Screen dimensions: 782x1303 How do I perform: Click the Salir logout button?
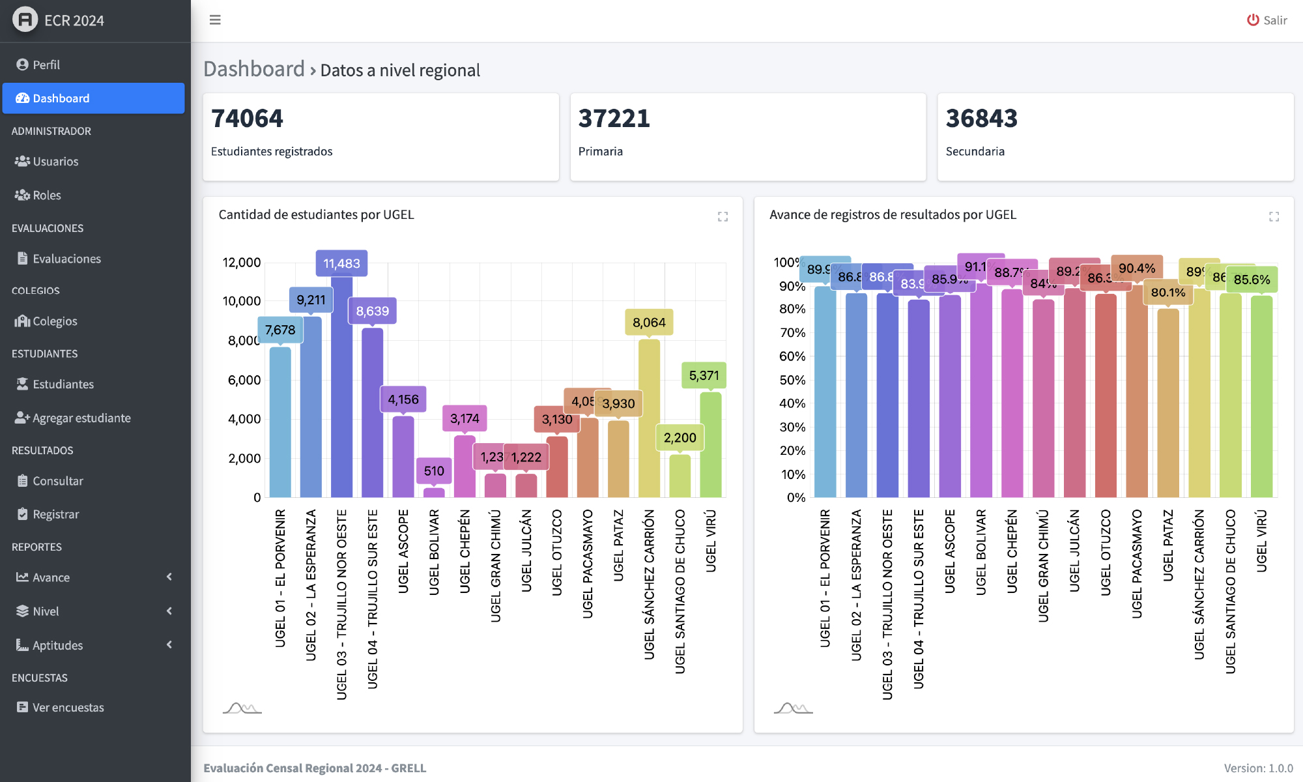[x=1267, y=20]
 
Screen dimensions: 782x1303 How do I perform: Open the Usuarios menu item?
[x=55, y=162]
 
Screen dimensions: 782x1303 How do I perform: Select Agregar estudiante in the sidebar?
[x=81, y=418]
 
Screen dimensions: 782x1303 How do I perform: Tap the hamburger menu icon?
[x=215, y=20]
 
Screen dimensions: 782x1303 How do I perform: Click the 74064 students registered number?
[x=248, y=119]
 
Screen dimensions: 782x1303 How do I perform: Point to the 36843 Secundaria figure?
[x=981, y=119]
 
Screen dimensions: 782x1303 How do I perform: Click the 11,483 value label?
[x=341, y=263]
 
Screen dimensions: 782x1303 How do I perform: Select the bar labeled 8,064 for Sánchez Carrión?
[x=649, y=417]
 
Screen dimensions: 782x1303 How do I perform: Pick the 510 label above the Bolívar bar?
[x=434, y=471]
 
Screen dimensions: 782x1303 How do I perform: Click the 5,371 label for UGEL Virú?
[x=704, y=375]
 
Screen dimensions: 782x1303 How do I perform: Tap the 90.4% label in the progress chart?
[x=1137, y=268]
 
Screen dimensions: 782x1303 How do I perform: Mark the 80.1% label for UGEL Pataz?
[x=1168, y=293]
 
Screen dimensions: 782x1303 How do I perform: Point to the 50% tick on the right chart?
[x=792, y=380]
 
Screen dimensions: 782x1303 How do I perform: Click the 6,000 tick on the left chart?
[x=244, y=380]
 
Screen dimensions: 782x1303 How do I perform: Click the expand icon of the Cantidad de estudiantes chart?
[x=723, y=216]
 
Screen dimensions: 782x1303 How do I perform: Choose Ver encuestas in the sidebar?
[x=68, y=708]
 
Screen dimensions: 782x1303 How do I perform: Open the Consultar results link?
[x=58, y=481]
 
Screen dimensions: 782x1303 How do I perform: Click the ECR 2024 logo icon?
[x=25, y=20]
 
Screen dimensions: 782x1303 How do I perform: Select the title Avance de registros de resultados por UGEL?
[x=893, y=215]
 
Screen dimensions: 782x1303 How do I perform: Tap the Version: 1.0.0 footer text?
[x=1258, y=768]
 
